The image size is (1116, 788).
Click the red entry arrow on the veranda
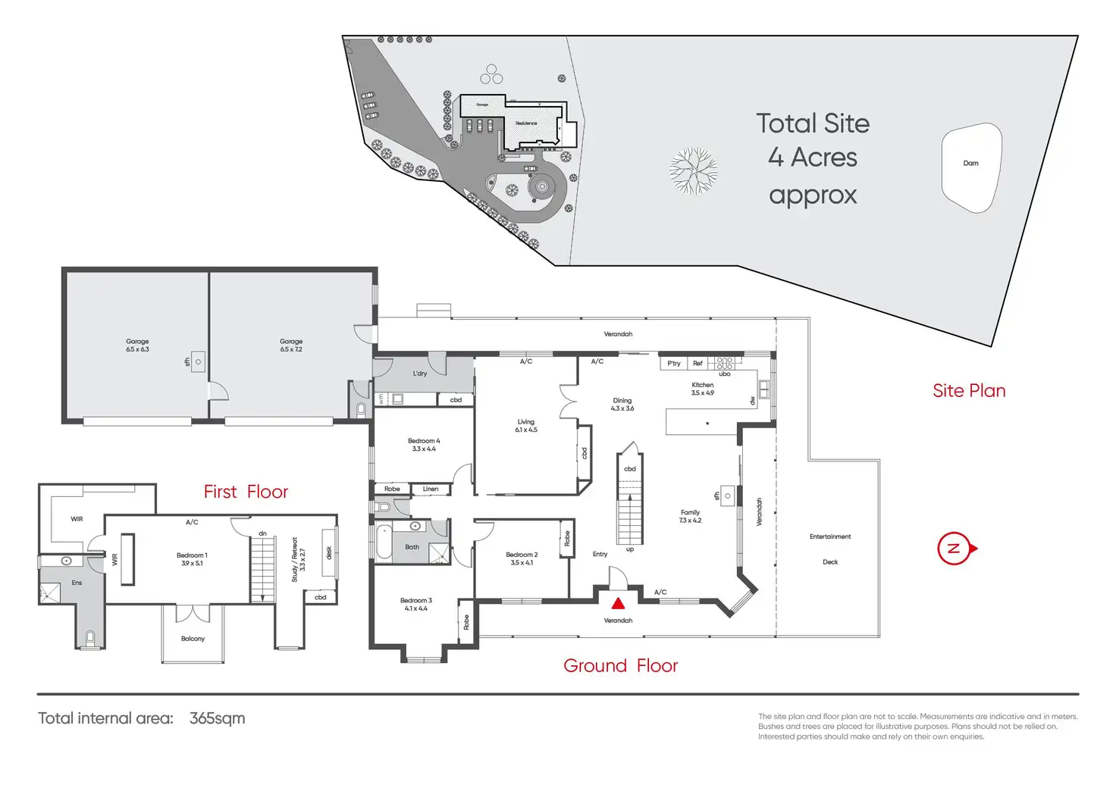(x=618, y=604)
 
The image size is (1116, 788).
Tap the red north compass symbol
(x=955, y=548)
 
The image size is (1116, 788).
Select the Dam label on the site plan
(x=970, y=163)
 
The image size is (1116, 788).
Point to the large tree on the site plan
(x=693, y=171)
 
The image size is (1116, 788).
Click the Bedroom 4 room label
(x=423, y=445)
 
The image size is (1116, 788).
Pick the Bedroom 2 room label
(x=522, y=558)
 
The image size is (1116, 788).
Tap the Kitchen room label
(x=702, y=389)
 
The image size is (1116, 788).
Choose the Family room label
(x=690, y=516)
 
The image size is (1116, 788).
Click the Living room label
(x=526, y=425)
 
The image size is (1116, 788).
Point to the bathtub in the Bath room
(x=384, y=543)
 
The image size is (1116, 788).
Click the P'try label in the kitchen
(x=673, y=364)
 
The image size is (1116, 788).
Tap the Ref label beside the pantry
(x=697, y=364)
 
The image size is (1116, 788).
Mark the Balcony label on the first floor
(x=193, y=639)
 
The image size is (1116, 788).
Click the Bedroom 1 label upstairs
(x=192, y=559)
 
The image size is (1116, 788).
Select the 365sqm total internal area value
(x=217, y=718)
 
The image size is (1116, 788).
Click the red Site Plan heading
(x=969, y=391)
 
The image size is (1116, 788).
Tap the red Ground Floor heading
(x=620, y=666)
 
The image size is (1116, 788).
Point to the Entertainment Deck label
(x=830, y=549)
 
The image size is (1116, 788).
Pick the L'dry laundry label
(x=419, y=374)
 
